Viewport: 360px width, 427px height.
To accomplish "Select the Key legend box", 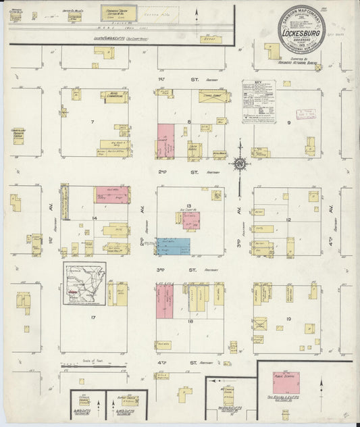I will coord(259,101).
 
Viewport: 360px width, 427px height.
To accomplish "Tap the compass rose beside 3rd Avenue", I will coord(240,164).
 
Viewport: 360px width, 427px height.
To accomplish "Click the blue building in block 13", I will coord(174,246).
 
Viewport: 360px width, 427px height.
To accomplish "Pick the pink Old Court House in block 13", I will coord(191,221).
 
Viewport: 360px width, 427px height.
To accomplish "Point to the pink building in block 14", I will coord(111,195).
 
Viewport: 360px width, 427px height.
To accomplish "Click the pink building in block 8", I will coord(165,140).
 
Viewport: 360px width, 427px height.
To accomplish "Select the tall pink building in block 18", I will coord(165,301).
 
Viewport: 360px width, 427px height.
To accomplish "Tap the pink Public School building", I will coord(286,381).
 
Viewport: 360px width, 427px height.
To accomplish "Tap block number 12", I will coord(288,220).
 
